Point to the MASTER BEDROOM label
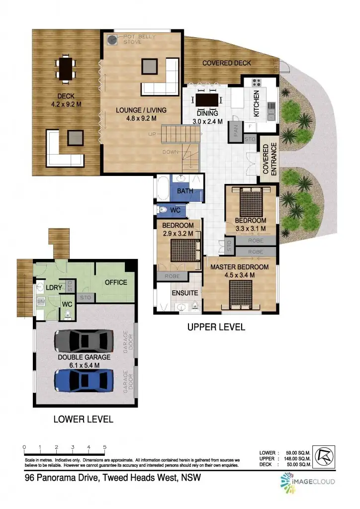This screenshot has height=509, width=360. pos(239,267)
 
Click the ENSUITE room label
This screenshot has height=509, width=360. pos(184,293)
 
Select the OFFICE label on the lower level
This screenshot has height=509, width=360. pos(115,282)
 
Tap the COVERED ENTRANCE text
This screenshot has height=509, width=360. pos(269,159)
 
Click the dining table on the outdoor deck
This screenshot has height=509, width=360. pos(66,68)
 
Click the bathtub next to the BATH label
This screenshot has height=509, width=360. pos(163,189)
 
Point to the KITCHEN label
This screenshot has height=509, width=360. pos(257,103)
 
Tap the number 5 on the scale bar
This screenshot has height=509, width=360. pos(104,447)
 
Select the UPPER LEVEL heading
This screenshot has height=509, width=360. pos(216,327)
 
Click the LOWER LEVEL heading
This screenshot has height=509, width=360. pos(83,419)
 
